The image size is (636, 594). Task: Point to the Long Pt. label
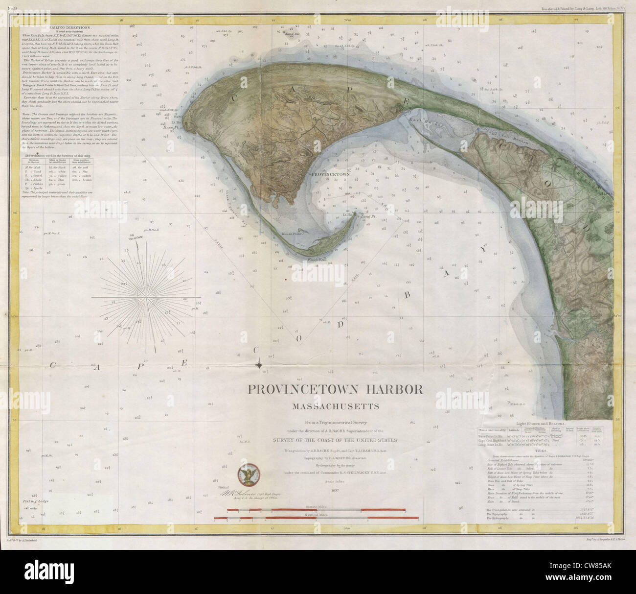(x=367, y=215)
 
